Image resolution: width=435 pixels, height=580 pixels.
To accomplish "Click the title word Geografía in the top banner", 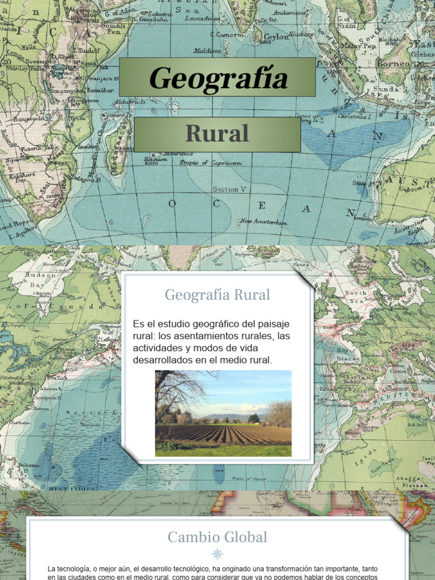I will click(x=218, y=78).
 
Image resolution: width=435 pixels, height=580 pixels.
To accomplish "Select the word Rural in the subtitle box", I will click(x=217, y=134).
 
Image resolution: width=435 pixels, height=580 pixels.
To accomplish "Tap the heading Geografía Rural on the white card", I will click(x=217, y=295).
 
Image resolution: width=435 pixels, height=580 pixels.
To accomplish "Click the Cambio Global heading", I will click(x=217, y=537).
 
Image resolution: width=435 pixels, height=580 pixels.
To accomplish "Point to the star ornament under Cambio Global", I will click(x=217, y=554).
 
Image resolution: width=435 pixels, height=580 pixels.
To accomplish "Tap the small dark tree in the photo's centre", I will click(x=254, y=419).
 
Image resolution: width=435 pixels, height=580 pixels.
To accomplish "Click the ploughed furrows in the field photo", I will click(x=227, y=435).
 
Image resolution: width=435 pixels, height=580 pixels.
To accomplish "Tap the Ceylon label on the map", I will click(x=276, y=37).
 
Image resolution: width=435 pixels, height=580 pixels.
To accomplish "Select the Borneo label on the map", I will click(x=394, y=63).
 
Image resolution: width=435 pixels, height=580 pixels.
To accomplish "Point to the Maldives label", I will click(x=207, y=50).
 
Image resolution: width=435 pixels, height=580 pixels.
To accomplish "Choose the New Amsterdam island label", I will click(x=263, y=221).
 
